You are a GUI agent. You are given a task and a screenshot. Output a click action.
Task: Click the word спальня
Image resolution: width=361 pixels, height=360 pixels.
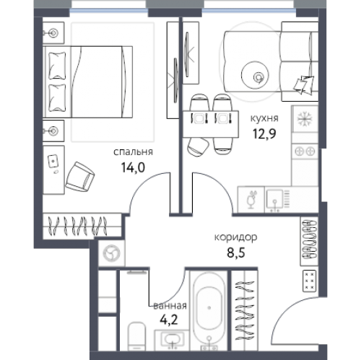[133, 152]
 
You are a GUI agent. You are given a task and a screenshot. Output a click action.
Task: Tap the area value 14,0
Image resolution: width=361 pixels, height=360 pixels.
[133, 167]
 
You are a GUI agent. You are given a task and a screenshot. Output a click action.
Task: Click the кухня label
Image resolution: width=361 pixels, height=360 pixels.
[264, 118]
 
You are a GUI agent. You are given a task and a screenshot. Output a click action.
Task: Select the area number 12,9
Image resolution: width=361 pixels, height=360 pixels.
[264, 133]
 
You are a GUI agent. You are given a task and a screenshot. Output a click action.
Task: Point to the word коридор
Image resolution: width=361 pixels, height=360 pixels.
[235, 237]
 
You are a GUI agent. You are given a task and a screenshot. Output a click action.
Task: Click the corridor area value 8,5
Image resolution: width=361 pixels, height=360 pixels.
[236, 253]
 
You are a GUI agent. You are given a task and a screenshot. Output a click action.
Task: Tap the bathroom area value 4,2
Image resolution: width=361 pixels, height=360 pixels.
[169, 320]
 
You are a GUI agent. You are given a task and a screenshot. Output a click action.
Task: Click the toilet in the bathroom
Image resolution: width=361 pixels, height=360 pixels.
[136, 336]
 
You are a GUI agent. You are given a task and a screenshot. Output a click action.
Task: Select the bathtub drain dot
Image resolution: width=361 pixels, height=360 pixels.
[209, 307]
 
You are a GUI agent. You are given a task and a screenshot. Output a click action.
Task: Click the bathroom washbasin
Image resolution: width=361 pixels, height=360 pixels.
[172, 338]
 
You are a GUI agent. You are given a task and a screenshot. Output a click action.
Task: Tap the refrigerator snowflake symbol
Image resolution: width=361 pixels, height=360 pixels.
[305, 119]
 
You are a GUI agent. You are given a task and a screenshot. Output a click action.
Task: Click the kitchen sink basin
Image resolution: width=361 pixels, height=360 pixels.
[274, 199]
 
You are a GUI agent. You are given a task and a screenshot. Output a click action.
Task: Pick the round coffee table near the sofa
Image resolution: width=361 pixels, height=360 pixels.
[255, 75]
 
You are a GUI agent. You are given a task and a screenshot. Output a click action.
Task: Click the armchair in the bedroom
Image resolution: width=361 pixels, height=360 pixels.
[80, 177]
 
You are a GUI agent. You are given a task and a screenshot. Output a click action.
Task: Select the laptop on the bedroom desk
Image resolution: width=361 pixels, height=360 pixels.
[53, 161]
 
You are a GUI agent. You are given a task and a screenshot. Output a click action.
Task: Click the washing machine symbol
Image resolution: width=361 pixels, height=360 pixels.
[111, 253]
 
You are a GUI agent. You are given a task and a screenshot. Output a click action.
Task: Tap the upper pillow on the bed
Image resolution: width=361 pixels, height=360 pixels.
[57, 66]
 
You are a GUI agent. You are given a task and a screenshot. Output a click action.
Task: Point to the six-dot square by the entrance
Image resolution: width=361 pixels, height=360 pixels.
[310, 281]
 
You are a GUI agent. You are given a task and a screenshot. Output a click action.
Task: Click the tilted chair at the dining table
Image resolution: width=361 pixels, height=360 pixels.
[198, 147]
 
